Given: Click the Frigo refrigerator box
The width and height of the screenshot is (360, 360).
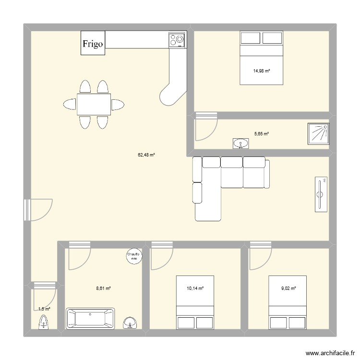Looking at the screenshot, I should tap(93, 43).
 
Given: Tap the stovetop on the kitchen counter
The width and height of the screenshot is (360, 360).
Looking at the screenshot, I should tap(177, 40).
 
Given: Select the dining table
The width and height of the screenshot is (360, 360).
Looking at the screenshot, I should tap(94, 104).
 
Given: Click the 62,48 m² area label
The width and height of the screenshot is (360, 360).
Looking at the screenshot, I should tap(146, 155).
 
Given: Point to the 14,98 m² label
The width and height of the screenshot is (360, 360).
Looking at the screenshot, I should tap(262, 71).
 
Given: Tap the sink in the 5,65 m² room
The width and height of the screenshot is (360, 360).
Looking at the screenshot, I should tap(240, 143).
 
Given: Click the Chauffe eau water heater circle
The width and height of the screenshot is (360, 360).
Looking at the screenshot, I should tap(133, 256).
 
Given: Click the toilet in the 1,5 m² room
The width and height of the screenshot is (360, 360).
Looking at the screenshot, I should tap(44, 323).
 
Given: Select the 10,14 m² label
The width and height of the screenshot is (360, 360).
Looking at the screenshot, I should tap(195, 288).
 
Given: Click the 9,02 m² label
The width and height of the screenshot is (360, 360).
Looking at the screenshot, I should tap(288, 288).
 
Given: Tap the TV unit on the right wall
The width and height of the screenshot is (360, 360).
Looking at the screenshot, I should tap(321, 194).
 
